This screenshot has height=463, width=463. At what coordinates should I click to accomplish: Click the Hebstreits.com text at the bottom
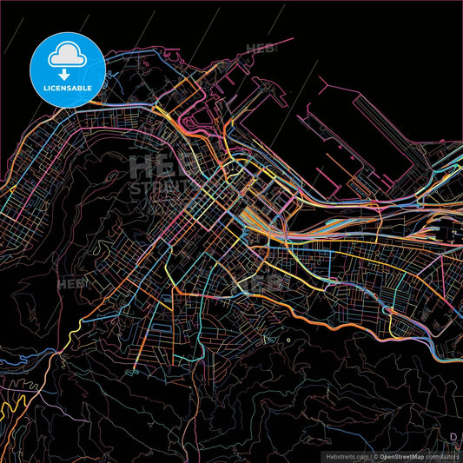346,455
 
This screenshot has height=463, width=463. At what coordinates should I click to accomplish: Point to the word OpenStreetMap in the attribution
398,455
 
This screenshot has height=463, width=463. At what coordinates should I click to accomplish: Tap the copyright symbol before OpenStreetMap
372,455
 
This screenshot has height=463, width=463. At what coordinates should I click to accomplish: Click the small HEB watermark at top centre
261,49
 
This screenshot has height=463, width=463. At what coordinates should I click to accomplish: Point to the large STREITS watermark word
156,188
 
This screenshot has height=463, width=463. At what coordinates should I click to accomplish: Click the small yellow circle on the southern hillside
288,341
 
